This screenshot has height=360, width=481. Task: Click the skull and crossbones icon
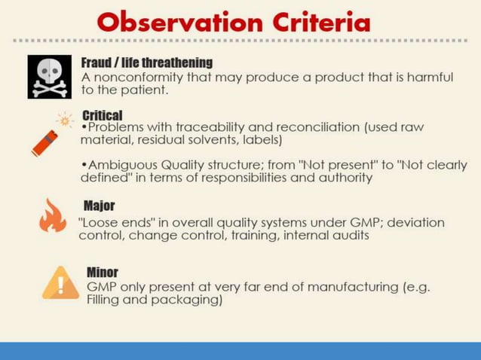tap(50, 77)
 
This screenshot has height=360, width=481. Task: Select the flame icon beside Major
tap(52, 216)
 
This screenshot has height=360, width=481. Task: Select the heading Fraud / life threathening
tap(147, 62)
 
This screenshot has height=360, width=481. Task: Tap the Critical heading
tap(102, 115)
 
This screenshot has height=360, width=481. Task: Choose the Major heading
tap(99, 206)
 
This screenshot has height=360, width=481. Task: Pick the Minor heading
tap(103, 272)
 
